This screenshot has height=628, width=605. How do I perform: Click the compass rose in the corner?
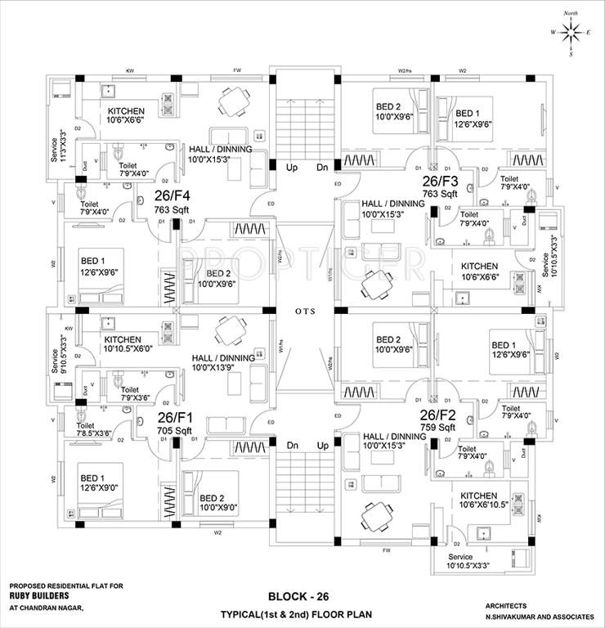[571, 31]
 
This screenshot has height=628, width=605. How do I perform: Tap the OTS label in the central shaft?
[302, 312]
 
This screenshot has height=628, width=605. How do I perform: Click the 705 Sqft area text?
[175, 429]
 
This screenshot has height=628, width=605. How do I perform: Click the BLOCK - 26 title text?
[302, 596]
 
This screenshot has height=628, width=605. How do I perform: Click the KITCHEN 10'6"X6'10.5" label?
[486, 500]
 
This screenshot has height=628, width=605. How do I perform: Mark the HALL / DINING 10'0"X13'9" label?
[222, 363]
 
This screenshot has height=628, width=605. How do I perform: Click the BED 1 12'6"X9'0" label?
[101, 483]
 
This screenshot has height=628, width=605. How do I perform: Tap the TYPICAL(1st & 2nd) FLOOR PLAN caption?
[302, 613]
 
